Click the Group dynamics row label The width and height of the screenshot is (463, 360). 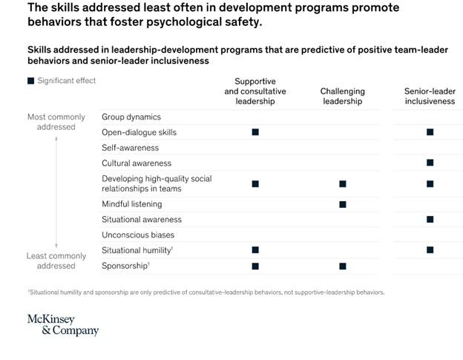pyautogui.click(x=131, y=117)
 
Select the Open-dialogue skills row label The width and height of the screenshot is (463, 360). pyautogui.click(x=139, y=132)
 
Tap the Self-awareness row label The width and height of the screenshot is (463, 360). pyautogui.click(x=131, y=148)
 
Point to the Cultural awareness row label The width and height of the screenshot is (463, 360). pyautogui.click(x=137, y=163)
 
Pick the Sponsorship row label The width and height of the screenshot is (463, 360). pyautogui.click(x=125, y=265)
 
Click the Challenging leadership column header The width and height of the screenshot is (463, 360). pyautogui.click(x=342, y=96)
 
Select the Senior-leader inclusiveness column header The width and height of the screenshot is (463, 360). pyautogui.click(x=430, y=96)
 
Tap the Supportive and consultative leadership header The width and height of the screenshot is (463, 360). pyautogui.click(x=255, y=91)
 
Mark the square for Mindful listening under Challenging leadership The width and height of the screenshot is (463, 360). pyautogui.click(x=342, y=203)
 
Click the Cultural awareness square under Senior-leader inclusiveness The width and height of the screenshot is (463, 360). pyautogui.click(x=430, y=163)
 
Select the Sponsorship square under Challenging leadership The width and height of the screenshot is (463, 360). pyautogui.click(x=342, y=265)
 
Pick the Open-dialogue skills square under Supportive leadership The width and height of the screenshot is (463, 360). pyautogui.click(x=255, y=132)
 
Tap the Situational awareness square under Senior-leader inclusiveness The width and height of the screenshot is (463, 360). pyautogui.click(x=430, y=219)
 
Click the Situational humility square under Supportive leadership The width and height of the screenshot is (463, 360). pyautogui.click(x=255, y=250)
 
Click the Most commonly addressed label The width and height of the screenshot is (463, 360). pyautogui.click(x=51, y=122)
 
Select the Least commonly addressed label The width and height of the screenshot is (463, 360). pyautogui.click(x=51, y=261)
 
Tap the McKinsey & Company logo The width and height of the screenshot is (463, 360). pyautogui.click(x=62, y=325)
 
